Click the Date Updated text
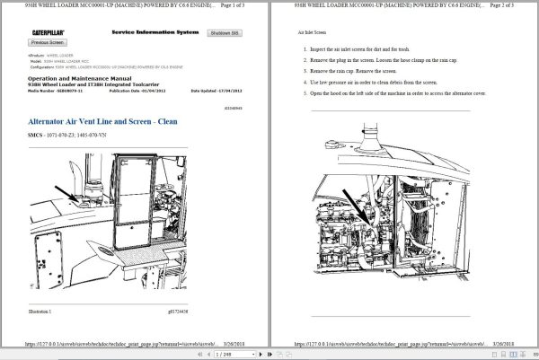pyautogui.click(x=216, y=91)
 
